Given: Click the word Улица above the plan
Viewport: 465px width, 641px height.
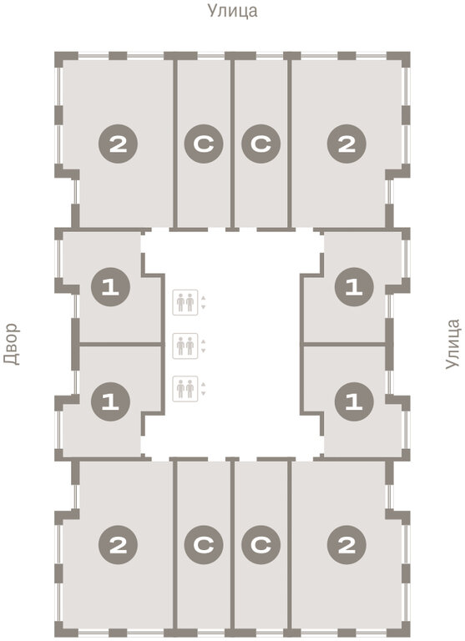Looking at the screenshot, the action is [x=233, y=11].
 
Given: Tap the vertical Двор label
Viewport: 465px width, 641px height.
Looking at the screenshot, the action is [x=12, y=344].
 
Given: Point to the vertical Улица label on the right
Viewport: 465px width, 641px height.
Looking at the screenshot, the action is [x=452, y=344].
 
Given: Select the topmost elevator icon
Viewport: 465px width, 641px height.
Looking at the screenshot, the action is [x=185, y=302].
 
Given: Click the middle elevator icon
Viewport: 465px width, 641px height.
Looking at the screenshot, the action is [x=185, y=346].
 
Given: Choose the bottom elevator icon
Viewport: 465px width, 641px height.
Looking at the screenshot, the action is [x=185, y=389].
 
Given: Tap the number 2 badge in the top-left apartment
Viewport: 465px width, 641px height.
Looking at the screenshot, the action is [x=119, y=144].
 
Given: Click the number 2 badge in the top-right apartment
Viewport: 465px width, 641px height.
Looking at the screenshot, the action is [x=346, y=144].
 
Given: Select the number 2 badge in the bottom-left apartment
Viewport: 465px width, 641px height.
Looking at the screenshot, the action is [x=119, y=545].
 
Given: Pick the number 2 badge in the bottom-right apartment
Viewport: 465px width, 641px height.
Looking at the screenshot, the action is [x=346, y=545].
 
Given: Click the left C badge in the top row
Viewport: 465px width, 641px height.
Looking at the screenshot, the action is [x=204, y=144].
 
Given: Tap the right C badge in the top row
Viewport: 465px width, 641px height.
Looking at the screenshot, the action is [x=261, y=144].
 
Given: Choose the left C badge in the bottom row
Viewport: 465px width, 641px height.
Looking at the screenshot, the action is [x=204, y=545].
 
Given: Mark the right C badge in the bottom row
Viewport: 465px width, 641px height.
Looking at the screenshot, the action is [x=261, y=545].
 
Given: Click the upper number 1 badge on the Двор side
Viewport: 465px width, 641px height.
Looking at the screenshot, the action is [x=110, y=287].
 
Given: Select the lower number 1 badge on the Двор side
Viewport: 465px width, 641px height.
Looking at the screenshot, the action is [x=110, y=401].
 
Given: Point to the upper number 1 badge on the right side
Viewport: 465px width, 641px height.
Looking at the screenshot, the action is [x=354, y=287].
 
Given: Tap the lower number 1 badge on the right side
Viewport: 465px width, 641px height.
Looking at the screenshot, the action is [x=354, y=401].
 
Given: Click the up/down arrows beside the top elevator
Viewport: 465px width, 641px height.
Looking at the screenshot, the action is [x=203, y=302].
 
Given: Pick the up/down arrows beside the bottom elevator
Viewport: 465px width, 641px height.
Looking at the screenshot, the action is [x=203, y=389].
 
